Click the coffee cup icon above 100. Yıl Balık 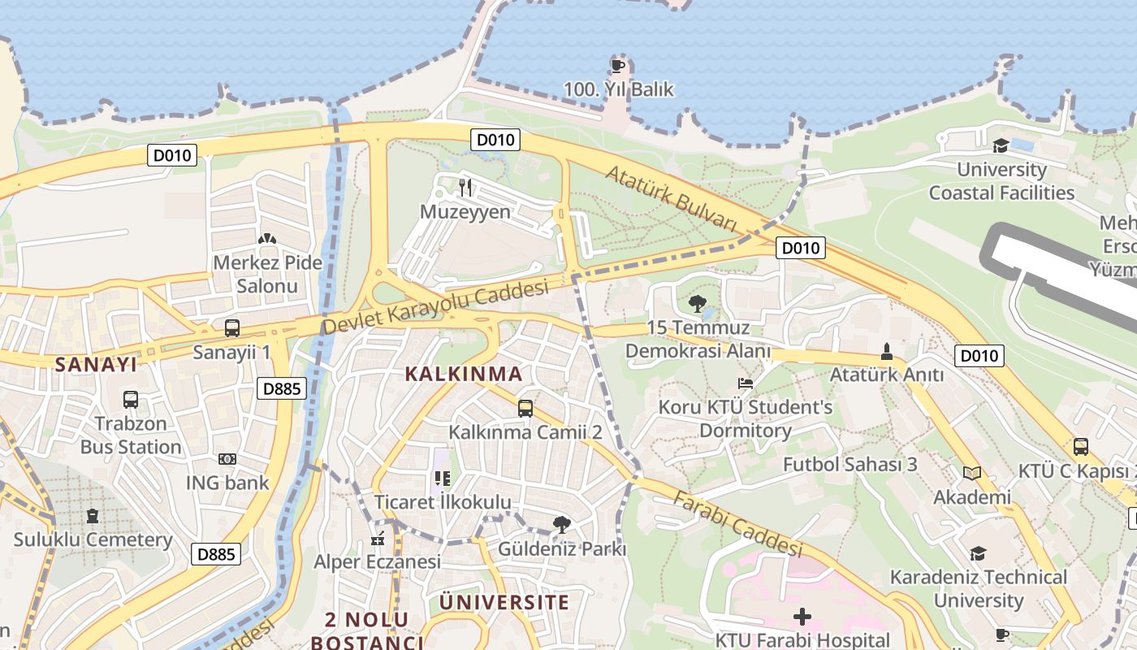click(618, 65)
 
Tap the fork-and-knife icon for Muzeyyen click(465, 188)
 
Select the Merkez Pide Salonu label click(267, 275)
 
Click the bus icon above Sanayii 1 click(232, 328)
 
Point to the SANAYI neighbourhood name click(96, 365)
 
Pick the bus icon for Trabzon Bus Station click(131, 400)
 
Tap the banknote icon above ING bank click(227, 459)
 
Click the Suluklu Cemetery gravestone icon click(93, 516)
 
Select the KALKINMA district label click(463, 374)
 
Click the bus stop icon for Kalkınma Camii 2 click(525, 408)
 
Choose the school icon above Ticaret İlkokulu click(442, 479)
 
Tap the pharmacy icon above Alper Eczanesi click(377, 538)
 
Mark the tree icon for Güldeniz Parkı click(561, 525)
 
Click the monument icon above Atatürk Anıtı click(886, 352)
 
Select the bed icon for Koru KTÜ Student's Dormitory click(746, 383)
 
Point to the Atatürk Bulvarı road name click(670, 199)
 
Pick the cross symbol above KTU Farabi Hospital click(802, 617)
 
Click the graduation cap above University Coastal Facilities click(1001, 146)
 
